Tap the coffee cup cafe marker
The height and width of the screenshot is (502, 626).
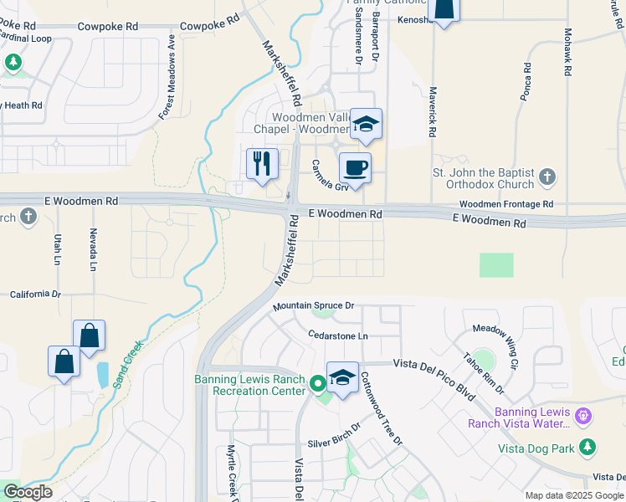355,168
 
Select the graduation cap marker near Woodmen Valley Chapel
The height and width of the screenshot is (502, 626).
365,125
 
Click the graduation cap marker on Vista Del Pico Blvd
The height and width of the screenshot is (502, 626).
342,378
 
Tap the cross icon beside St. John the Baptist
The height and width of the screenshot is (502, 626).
546,177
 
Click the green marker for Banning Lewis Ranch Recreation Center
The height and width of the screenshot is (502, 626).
317,385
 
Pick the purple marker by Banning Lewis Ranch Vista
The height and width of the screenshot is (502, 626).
584,415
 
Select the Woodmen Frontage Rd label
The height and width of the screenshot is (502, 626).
506,204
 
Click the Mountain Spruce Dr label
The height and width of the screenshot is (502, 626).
313,306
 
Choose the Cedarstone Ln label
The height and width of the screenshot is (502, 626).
338,336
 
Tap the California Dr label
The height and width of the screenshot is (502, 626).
35,295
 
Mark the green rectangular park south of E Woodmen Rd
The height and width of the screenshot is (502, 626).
496,264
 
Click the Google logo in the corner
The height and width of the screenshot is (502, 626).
28,491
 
